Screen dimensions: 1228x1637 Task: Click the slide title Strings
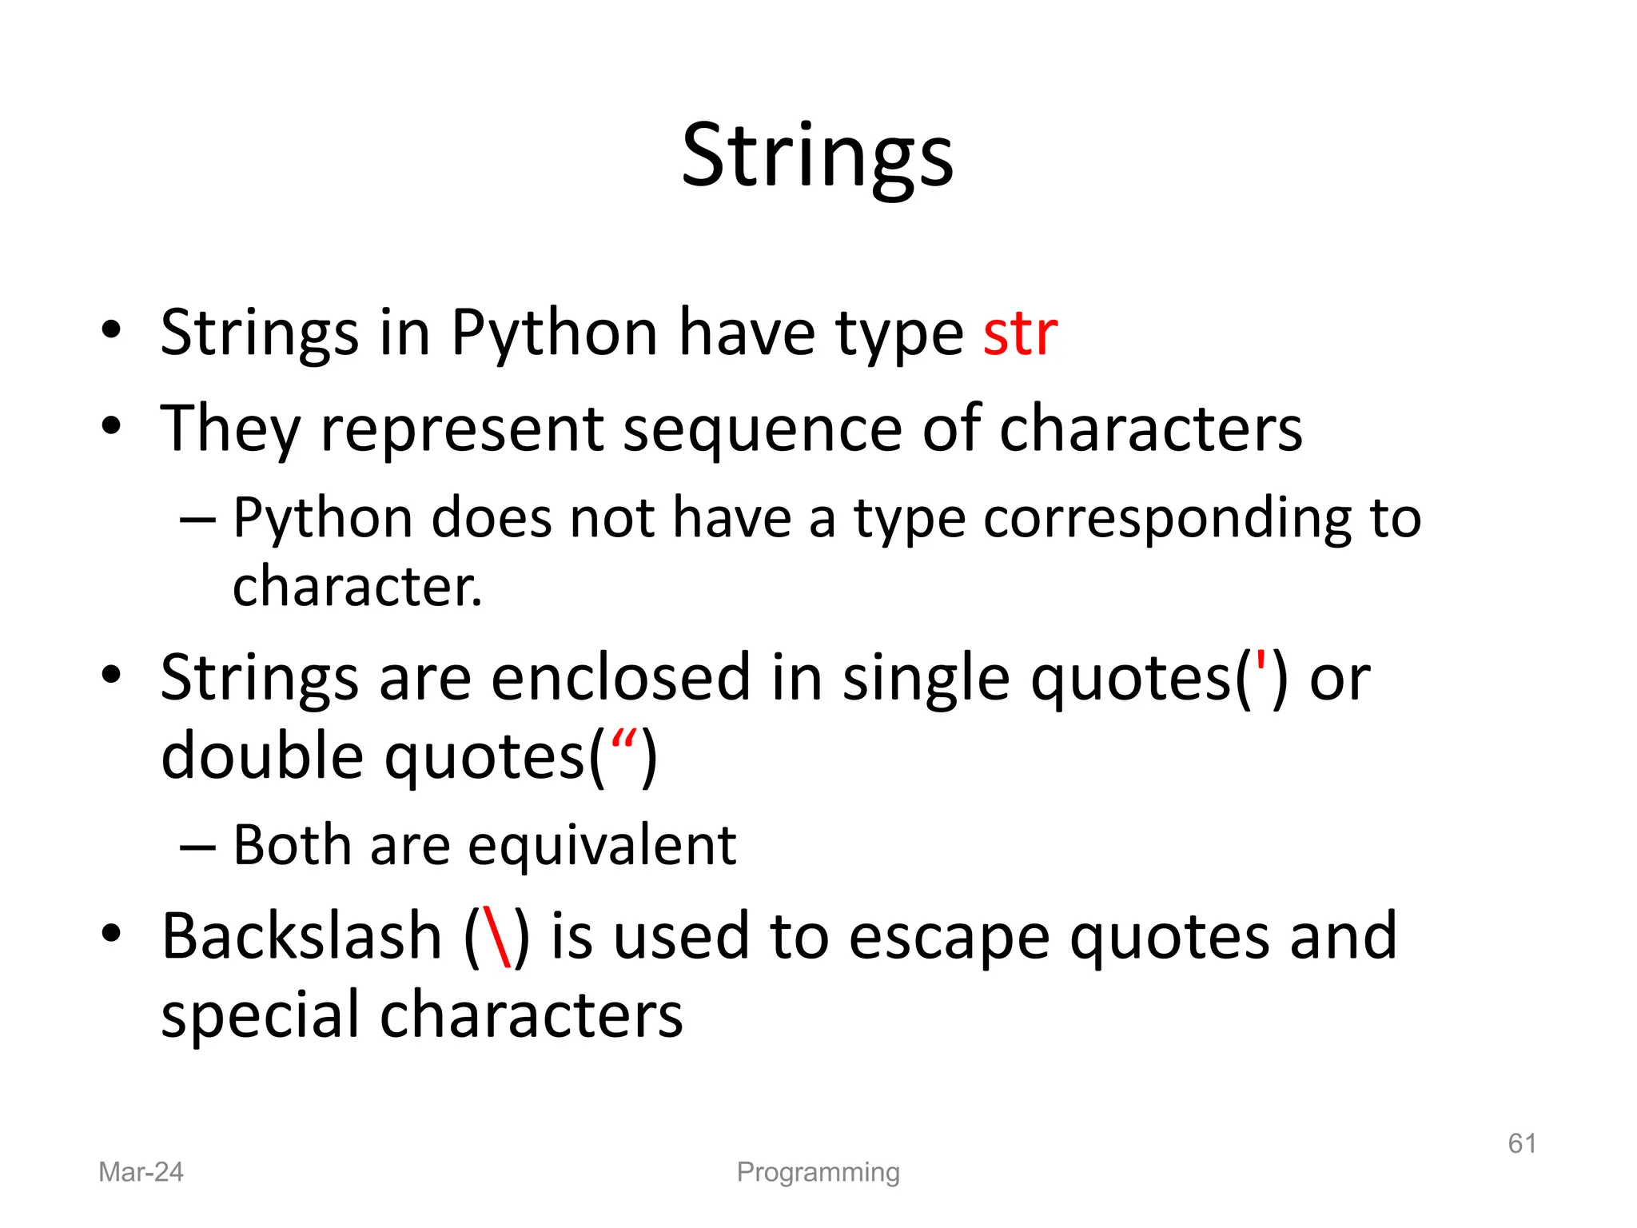coord(817,157)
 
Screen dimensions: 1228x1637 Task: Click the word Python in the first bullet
coord(553,334)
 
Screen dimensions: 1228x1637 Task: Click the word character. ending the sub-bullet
coord(357,587)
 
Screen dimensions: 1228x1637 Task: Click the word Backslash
coord(301,937)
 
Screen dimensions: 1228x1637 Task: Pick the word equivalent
coord(601,846)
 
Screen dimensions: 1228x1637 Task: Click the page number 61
coord(1521,1143)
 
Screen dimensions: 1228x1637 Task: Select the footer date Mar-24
coord(141,1172)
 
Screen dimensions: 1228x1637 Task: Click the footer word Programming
coord(818,1172)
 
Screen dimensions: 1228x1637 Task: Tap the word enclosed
coord(620,678)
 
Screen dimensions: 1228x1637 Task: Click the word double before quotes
coord(262,756)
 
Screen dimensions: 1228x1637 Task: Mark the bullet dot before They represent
coord(111,425)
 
